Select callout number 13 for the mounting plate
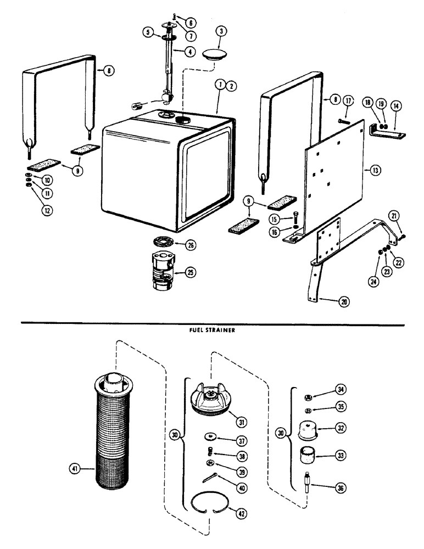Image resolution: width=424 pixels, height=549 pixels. tap(375, 171)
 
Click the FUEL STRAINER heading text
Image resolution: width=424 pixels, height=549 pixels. tap(212, 331)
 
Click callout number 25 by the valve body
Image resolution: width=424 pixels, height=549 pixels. tap(190, 272)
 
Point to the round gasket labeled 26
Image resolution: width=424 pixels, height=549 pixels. tap(163, 243)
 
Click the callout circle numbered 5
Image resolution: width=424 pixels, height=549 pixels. tap(147, 32)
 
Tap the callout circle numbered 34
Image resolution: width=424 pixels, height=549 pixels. tap(339, 390)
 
